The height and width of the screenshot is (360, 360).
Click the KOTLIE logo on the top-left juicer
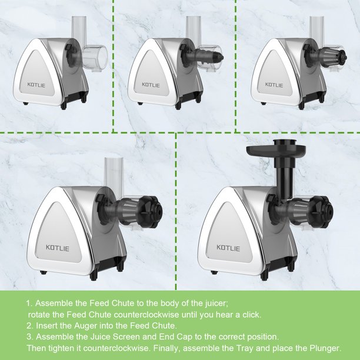(36, 85)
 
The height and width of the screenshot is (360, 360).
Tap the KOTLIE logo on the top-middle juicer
(151, 85)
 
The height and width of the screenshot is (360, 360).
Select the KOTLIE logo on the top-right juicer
(274, 85)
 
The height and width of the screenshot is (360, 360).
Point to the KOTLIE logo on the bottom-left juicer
(58, 248)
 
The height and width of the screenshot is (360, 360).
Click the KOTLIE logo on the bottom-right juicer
(228, 248)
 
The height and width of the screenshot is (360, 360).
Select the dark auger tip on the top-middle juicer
(218, 57)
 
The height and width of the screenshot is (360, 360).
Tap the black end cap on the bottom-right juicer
(321, 212)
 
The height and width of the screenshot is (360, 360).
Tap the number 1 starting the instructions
(29, 303)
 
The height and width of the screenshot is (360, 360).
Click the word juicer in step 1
(216, 303)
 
